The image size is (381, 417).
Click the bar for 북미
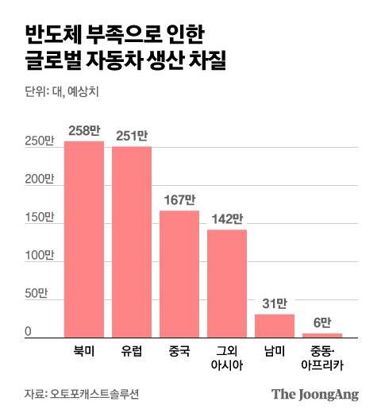(84, 239)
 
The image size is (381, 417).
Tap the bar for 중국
(179, 274)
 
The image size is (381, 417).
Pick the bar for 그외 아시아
(227, 284)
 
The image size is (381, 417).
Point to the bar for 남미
(275, 326)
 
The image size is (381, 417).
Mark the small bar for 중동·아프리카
(322, 335)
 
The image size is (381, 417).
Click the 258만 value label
(84, 130)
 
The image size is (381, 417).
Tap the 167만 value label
(179, 199)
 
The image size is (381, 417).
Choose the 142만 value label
(227, 218)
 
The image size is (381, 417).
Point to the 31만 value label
(275, 303)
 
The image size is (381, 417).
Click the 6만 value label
(322, 322)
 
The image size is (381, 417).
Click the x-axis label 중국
(179, 350)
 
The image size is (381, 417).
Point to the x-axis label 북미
(84, 350)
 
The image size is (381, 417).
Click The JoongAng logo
(315, 394)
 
